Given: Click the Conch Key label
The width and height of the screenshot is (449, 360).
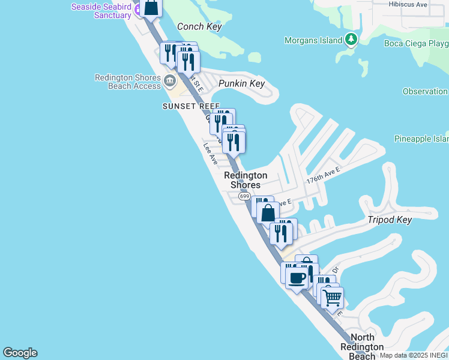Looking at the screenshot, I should tap(199, 27).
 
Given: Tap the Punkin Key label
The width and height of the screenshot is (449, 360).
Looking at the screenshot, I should tap(241, 84).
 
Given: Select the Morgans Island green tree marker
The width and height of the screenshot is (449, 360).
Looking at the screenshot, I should tap(351, 41).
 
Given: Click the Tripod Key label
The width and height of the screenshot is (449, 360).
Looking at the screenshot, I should tap(390, 220).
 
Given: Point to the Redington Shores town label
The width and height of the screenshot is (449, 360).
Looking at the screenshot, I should tap(246, 180).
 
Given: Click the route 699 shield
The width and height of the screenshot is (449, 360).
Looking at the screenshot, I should tap(244, 196).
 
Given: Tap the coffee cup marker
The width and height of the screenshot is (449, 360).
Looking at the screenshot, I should tap(297, 278).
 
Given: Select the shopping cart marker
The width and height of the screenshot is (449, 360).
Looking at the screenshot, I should tap(332, 297).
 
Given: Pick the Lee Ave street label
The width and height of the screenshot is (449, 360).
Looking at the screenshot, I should tap(210, 153).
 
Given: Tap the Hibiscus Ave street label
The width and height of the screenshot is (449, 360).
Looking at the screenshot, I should tap(408, 4).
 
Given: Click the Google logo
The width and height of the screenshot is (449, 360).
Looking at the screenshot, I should tap(20, 353).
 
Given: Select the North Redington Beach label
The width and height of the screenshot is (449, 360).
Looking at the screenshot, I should tap(362, 347).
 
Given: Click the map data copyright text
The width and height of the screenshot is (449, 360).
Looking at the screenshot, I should tap(414, 355).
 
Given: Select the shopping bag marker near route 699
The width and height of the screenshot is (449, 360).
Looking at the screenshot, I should tap(268, 212).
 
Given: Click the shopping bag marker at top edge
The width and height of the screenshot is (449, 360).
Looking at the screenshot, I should tap(152, 8).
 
